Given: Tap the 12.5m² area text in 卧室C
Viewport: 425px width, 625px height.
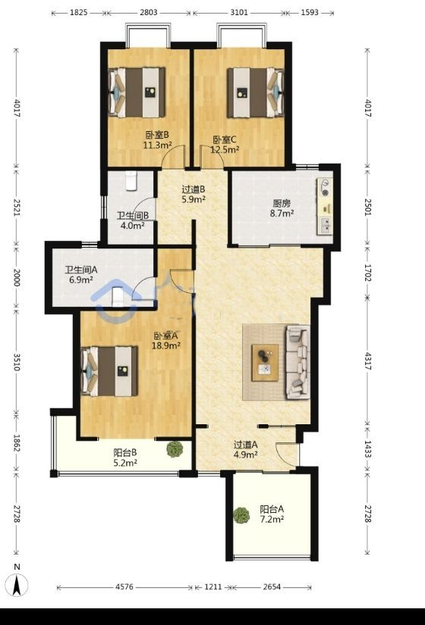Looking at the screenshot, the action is click(225, 150).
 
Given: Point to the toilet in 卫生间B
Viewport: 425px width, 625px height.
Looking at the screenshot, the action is click(131, 180).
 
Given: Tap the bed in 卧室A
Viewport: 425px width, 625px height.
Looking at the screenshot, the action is click(109, 371).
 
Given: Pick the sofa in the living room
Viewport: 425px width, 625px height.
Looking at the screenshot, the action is click(298, 362).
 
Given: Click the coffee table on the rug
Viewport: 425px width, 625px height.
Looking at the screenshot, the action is click(265, 363).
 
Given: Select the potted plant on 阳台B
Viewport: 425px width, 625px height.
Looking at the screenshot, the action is click(175, 449).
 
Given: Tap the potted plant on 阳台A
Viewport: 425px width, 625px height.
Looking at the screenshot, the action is click(241, 515).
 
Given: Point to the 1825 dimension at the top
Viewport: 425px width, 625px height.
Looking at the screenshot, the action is click(79, 12).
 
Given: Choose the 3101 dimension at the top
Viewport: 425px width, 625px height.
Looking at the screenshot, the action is click(239, 12).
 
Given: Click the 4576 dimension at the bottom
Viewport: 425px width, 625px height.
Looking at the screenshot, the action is click(124, 587).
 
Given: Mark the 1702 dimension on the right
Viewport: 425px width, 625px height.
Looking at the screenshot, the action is click(368, 272).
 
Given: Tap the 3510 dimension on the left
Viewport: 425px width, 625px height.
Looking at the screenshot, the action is click(17, 361).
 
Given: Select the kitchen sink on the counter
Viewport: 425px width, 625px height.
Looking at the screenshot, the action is click(325, 225).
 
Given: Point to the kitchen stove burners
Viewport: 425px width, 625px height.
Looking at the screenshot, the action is click(326, 188).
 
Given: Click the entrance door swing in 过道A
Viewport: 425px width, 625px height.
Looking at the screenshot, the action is click(286, 455).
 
